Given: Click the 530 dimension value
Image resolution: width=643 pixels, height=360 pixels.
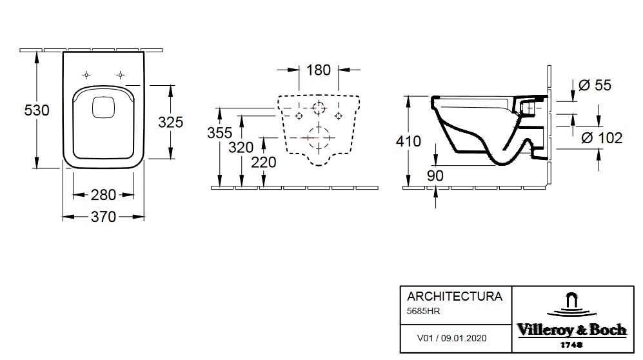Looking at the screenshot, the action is point(37,110).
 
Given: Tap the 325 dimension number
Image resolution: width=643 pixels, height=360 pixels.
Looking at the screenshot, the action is point(171,122).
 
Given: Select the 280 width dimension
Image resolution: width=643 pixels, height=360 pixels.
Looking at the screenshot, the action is point(103,195).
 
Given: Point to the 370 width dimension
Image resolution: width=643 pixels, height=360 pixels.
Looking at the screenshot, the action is point(103,217).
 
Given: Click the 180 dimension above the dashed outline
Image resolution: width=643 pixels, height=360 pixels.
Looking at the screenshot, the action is point(319,70).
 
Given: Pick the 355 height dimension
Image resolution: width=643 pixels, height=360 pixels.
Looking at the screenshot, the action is point(219,133).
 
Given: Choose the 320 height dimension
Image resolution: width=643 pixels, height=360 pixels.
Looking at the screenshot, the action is point(241,148).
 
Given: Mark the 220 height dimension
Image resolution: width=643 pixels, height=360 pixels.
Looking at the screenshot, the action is point(264,163).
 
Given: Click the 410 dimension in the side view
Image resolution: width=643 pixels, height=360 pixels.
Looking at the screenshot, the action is point(408,141).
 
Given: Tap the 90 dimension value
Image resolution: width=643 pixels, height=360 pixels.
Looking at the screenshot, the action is point(435,176).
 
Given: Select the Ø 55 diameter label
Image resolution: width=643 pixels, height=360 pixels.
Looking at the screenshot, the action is point(595,85).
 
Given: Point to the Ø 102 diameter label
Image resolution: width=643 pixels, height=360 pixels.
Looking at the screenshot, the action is point(602,138).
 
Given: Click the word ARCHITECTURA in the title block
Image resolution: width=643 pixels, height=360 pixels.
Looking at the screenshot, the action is point(455,296).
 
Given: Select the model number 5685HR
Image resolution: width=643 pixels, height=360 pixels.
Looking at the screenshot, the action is point(423,311).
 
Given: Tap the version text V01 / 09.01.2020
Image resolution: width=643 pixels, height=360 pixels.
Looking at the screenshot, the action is point(451,338).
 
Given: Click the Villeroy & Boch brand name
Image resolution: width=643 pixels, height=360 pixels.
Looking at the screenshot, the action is point(571,330).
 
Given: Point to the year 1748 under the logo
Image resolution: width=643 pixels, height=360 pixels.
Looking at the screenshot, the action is point(571,345).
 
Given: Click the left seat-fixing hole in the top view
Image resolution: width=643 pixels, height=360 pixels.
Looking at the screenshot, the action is point(86,75).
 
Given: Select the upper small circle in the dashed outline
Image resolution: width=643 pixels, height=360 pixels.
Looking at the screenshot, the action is point(319,108).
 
